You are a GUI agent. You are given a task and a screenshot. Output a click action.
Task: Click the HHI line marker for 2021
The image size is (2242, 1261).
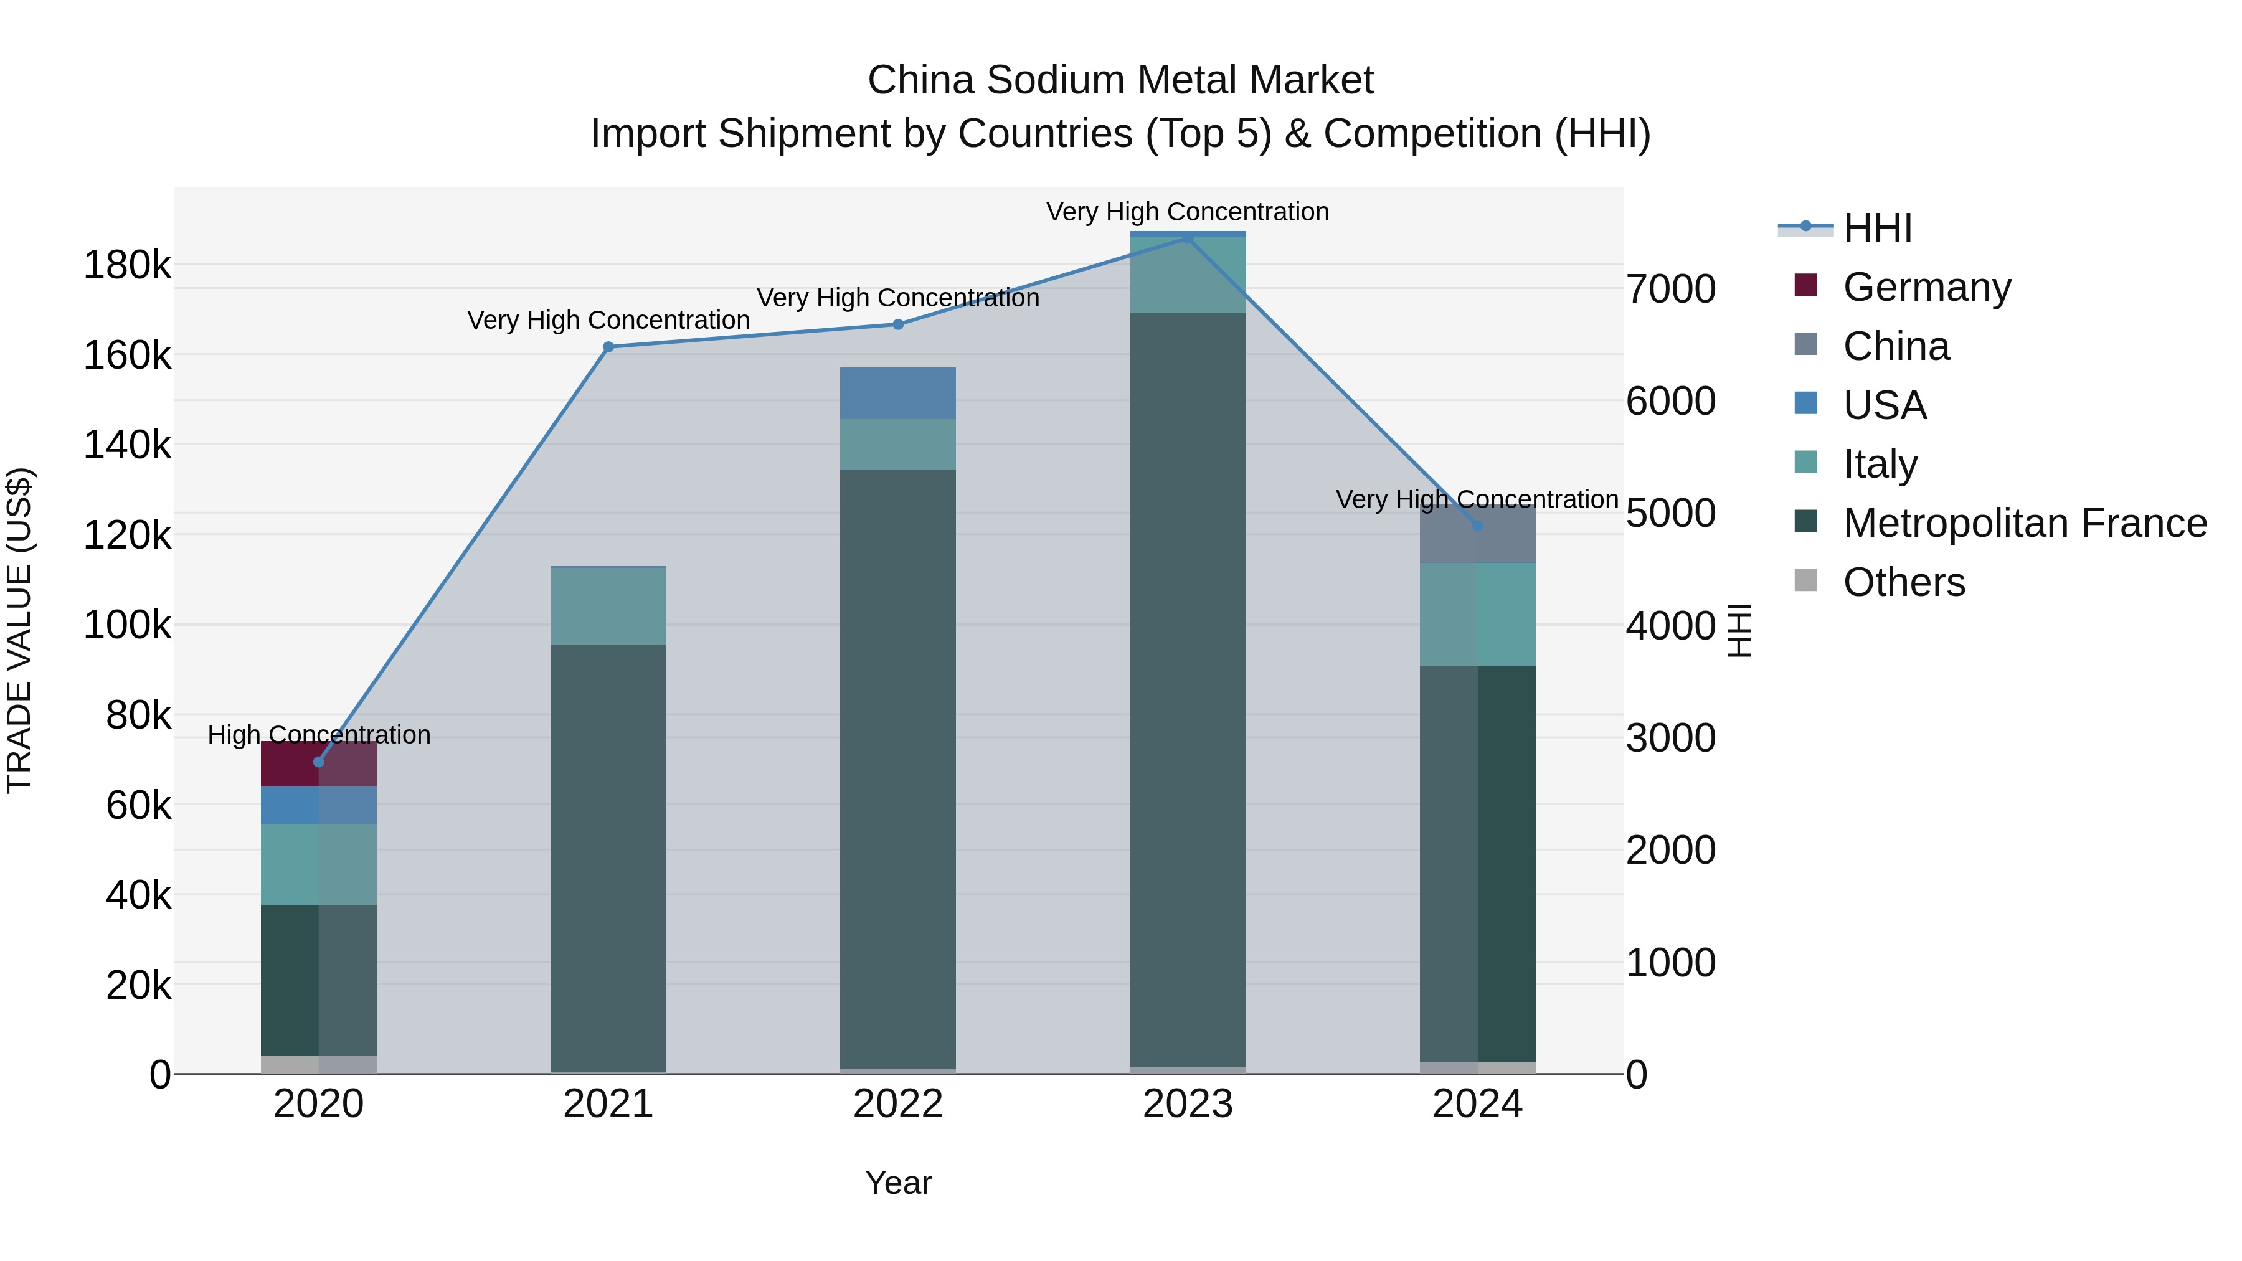608,347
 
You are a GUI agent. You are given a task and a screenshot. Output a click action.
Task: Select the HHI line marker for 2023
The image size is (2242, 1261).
1188,238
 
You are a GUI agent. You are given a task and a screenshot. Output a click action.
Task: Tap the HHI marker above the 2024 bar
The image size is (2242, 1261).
1477,526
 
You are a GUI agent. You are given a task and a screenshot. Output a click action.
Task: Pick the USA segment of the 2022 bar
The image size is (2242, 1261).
897,394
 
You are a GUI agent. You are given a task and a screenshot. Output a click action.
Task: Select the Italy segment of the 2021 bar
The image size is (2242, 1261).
608,606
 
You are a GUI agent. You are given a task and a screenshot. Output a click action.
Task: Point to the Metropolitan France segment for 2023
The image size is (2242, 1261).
1188,687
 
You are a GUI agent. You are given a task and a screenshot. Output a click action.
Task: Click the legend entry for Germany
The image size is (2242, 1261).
1926,287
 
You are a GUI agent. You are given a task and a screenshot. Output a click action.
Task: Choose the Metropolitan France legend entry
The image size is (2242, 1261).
2025,523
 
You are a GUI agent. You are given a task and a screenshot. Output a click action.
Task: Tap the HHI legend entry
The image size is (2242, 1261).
1876,228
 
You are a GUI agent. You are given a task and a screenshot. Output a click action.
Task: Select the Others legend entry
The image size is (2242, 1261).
1903,582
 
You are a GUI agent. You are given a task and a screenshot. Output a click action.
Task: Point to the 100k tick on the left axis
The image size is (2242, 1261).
127,625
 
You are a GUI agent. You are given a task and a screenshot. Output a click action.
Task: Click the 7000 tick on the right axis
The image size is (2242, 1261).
1670,289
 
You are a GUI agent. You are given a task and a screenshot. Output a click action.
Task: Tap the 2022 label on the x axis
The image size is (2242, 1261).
897,1104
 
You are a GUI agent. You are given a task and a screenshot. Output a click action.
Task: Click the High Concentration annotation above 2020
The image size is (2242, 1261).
318,735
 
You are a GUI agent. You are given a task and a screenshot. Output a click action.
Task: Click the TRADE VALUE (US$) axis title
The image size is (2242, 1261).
19,630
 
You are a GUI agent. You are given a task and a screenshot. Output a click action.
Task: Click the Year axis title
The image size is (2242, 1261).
897,1183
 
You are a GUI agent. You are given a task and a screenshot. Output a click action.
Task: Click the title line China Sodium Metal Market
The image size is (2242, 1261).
1120,80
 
